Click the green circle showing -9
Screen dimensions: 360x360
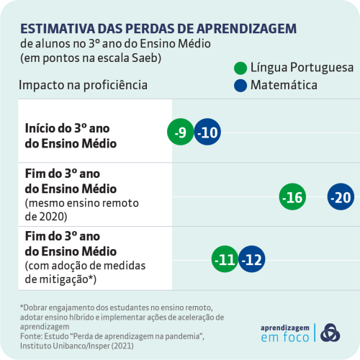[x=181, y=132]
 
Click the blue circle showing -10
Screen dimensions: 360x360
[x=209, y=132]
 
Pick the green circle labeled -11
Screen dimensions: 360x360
[x=225, y=259]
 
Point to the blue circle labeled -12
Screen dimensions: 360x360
[x=252, y=259]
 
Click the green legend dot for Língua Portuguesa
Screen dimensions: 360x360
[x=241, y=68]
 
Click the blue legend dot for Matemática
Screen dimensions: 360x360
[x=241, y=86]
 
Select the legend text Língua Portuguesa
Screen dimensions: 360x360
[x=302, y=68]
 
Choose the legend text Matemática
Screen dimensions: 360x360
[x=284, y=86]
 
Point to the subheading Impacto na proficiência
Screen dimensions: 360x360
[x=83, y=85]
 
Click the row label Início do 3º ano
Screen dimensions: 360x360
[x=66, y=127]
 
